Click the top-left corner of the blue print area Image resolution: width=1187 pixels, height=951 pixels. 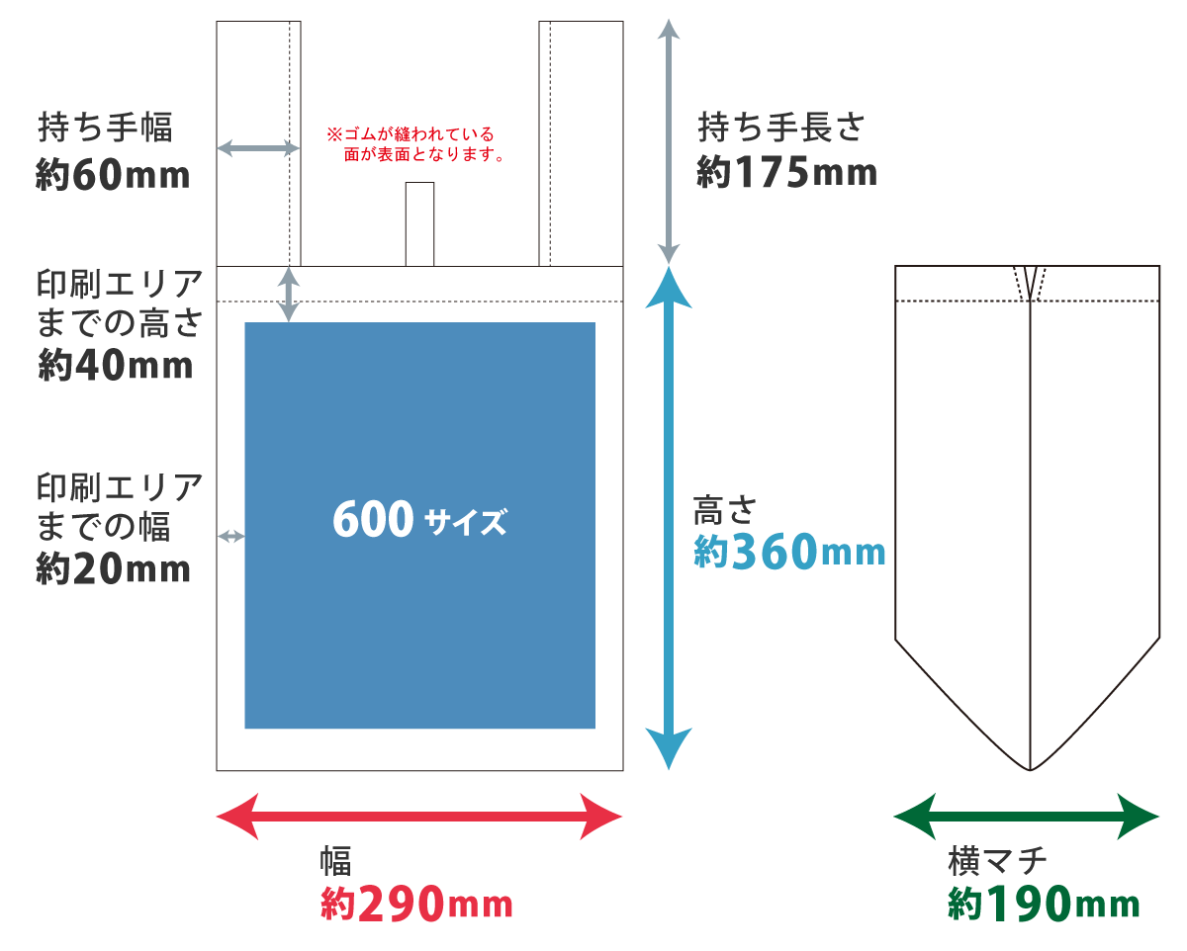coord(245,322)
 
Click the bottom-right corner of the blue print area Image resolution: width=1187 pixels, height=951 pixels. coord(595,729)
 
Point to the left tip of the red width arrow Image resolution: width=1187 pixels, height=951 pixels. coord(217,817)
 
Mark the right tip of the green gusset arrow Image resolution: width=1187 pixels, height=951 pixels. coord(1159,817)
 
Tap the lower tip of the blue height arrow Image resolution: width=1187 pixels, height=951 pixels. coord(669,770)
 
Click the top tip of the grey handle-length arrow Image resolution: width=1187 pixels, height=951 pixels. coord(669,20)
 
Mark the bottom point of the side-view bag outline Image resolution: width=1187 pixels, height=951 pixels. coord(1030,770)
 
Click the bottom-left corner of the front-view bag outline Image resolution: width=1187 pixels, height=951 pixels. coord(217,770)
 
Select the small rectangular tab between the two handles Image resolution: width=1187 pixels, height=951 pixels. coord(419,224)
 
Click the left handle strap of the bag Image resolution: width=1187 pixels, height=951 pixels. coord(259,143)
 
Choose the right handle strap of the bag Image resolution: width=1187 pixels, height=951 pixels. coord(582,143)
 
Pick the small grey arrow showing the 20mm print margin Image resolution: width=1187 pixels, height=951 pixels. coord(231,536)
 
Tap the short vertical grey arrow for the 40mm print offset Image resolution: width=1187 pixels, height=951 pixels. coord(289,295)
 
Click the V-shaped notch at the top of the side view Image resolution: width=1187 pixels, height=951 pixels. coord(1030,284)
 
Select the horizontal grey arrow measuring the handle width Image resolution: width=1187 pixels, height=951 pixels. coord(258,148)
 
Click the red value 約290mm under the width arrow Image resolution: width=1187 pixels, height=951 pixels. coord(416,903)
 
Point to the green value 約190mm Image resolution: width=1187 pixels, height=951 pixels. coord(1044,903)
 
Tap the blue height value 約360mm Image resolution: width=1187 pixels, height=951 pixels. coord(789,552)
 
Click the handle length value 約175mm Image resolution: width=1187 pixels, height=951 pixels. coord(786,172)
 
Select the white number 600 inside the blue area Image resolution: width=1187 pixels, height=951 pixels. coord(373,518)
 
